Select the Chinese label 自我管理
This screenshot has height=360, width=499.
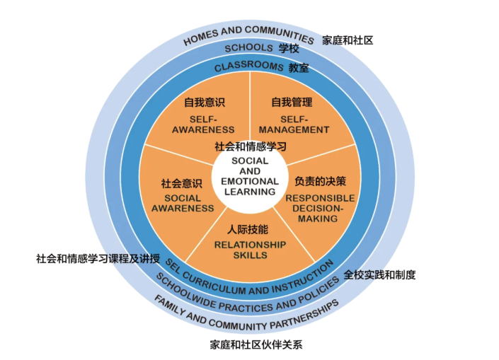click(x=292, y=103)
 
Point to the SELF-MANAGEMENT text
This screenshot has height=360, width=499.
click(x=293, y=124)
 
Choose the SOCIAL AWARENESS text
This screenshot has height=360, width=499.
click(x=182, y=203)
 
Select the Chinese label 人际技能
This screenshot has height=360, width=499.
click(x=248, y=230)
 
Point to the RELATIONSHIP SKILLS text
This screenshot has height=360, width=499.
click(x=250, y=250)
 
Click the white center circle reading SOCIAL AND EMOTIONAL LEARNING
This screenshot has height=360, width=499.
click(x=250, y=177)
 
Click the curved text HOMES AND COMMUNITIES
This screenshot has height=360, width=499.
click(x=248, y=34)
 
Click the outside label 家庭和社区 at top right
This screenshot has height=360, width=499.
click(x=347, y=40)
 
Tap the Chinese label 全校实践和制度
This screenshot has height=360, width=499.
click(x=379, y=274)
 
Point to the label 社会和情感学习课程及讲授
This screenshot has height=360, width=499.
click(x=98, y=258)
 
